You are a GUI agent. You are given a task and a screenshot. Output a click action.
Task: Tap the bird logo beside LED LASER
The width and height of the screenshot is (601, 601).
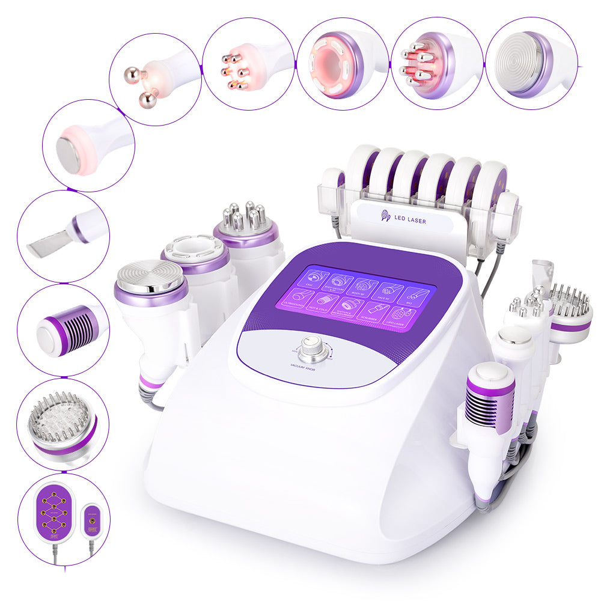[386, 216]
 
